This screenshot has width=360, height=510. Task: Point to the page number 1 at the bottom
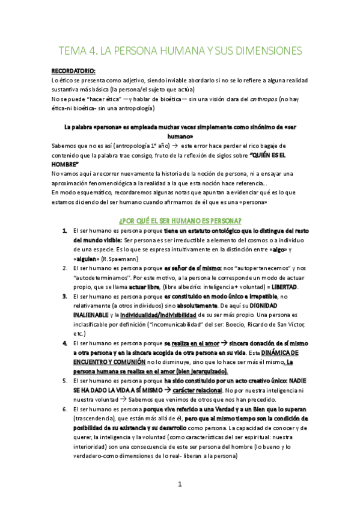pos(180,484)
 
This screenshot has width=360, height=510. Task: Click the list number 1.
pos(64,230)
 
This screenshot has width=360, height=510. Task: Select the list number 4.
pos(64,343)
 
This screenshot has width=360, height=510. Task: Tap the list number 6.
pos(64,410)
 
